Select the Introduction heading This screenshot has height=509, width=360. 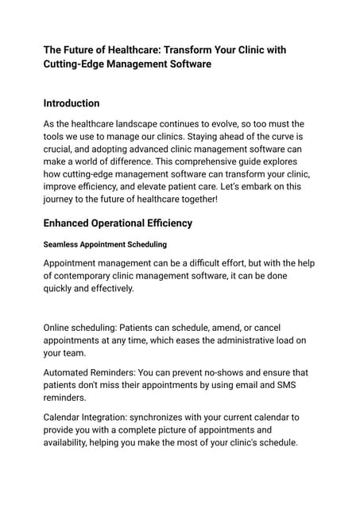(72, 103)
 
